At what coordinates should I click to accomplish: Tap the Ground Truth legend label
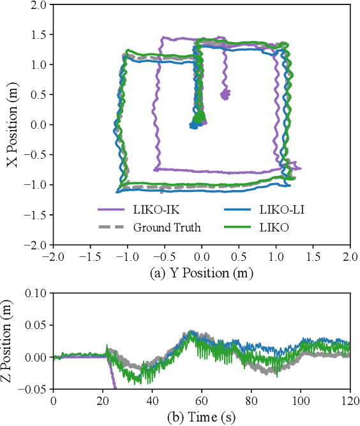click(x=167, y=227)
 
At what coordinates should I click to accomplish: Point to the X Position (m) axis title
click(x=11, y=124)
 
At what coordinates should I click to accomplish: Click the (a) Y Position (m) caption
click(x=202, y=274)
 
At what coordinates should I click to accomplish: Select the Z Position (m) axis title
click(x=11, y=341)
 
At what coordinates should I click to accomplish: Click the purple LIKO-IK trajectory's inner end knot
click(x=225, y=95)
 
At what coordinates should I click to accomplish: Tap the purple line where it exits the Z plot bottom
click(x=116, y=387)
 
